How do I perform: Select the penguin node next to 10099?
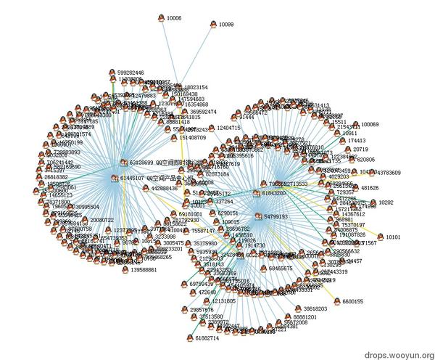pos(213,24)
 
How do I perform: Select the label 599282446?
pos(130,73)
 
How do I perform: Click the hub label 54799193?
pos(275,216)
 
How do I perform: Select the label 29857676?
pos(207,309)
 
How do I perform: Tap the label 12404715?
pos(228,128)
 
